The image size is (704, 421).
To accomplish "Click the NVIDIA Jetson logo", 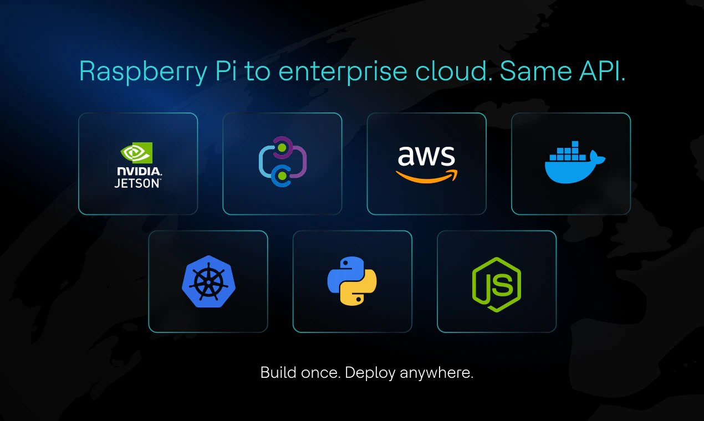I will click(x=138, y=165).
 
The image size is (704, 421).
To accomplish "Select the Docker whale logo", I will click(x=574, y=163).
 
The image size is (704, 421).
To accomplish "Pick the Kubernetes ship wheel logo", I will click(x=208, y=282).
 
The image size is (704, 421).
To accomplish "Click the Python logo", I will click(x=352, y=281).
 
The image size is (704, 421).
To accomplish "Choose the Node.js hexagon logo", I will click(x=497, y=284).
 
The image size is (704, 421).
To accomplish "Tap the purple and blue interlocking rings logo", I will click(x=282, y=162).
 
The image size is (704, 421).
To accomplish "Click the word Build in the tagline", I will click(x=278, y=372).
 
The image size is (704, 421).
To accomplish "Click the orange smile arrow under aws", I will click(x=426, y=176).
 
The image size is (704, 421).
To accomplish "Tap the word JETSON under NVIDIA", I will click(x=137, y=183).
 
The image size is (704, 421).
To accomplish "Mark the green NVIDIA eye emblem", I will click(x=136, y=152).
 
